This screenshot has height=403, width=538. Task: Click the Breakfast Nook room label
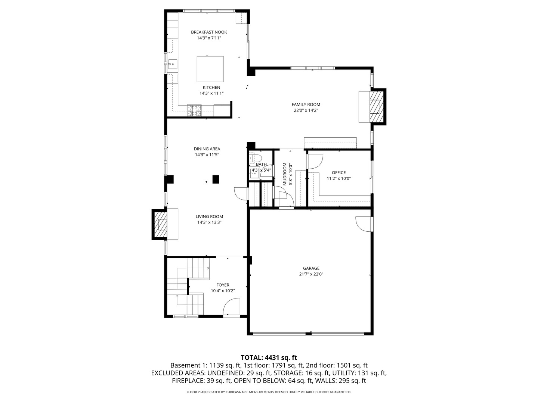point(209,32)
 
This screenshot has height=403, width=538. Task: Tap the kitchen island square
point(210,69)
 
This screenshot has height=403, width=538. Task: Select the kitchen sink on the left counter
point(172,65)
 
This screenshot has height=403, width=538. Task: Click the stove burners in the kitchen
point(194,109)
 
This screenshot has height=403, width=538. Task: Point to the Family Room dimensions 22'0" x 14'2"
point(306,110)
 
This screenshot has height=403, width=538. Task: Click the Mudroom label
point(285,174)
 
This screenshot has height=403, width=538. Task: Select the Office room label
point(338,173)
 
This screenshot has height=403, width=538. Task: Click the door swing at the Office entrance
point(314,161)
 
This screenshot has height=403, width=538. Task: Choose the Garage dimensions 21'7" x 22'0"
point(311,274)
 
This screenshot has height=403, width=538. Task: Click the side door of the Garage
point(364,224)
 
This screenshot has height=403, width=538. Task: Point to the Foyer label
point(223,285)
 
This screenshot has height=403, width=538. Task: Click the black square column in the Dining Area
point(216,179)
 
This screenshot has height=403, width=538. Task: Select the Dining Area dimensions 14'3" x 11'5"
point(207,155)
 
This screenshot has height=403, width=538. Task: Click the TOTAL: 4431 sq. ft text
point(269,358)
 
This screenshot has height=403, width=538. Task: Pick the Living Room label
point(209,216)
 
